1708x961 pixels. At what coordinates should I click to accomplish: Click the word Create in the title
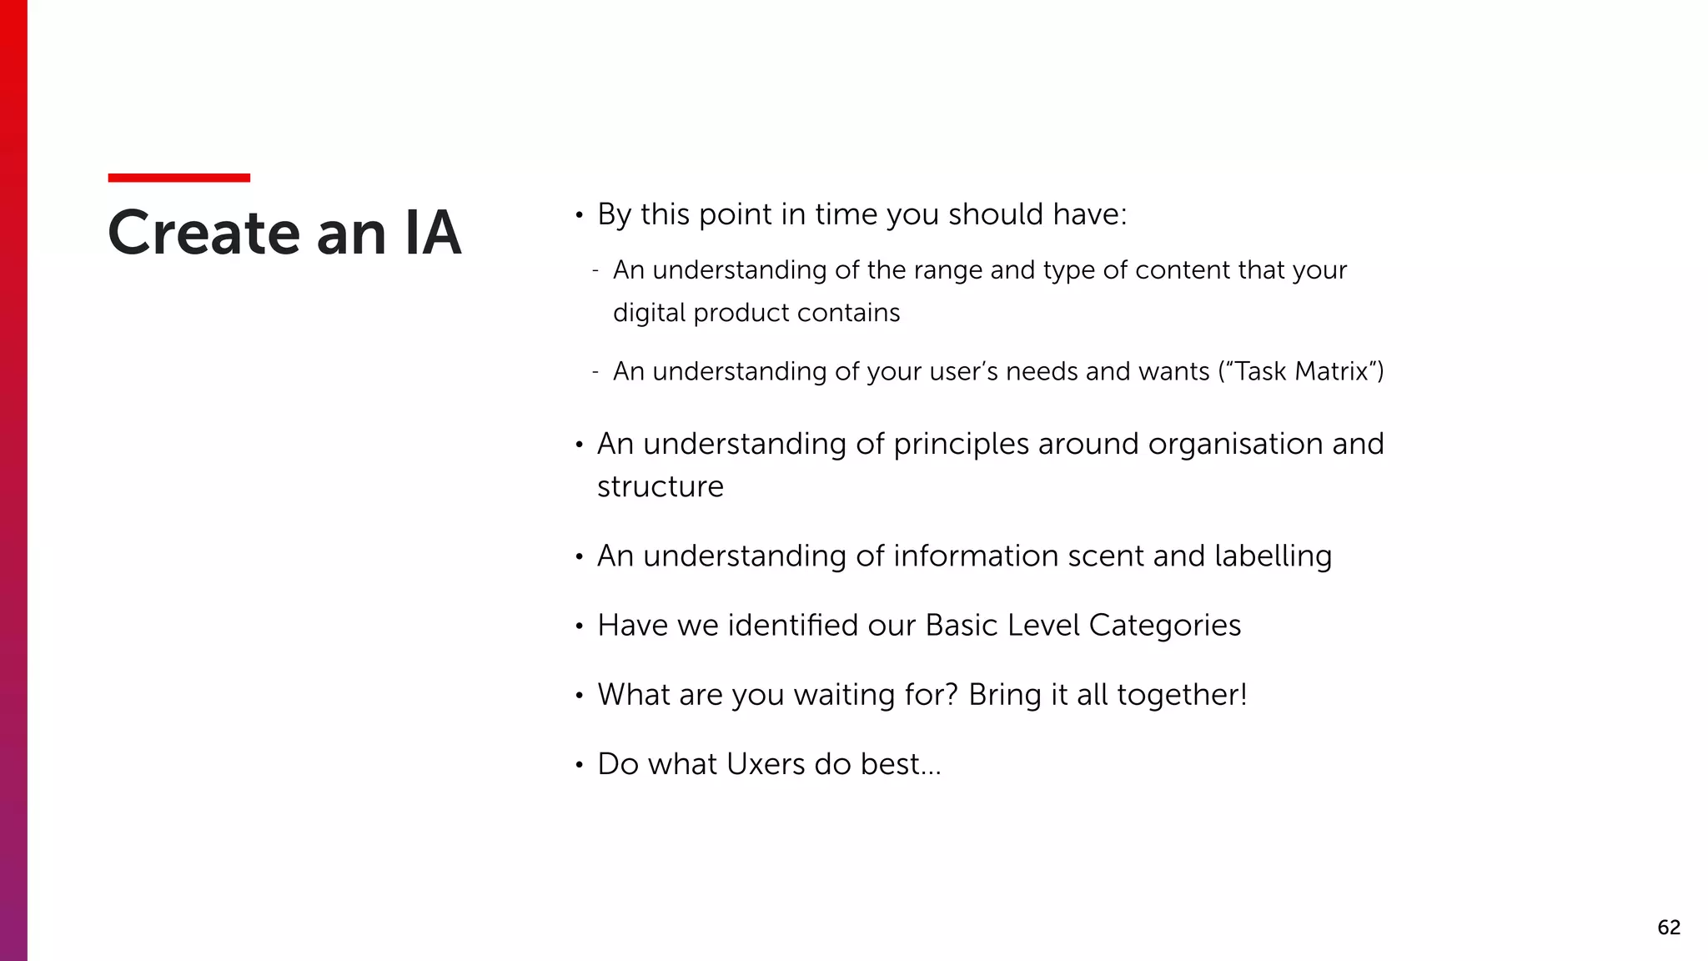(x=203, y=233)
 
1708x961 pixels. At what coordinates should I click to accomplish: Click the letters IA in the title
(x=432, y=233)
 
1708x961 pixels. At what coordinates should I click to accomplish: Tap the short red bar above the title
(x=178, y=178)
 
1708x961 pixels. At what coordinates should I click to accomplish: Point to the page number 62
(x=1668, y=928)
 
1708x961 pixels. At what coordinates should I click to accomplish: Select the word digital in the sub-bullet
(x=649, y=313)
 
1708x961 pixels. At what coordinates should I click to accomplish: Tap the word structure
(x=660, y=486)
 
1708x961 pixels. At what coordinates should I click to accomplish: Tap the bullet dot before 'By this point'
(x=579, y=216)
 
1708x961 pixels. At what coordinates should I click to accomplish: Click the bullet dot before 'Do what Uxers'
(x=579, y=766)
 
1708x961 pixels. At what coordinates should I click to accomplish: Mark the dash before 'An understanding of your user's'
(x=595, y=372)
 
